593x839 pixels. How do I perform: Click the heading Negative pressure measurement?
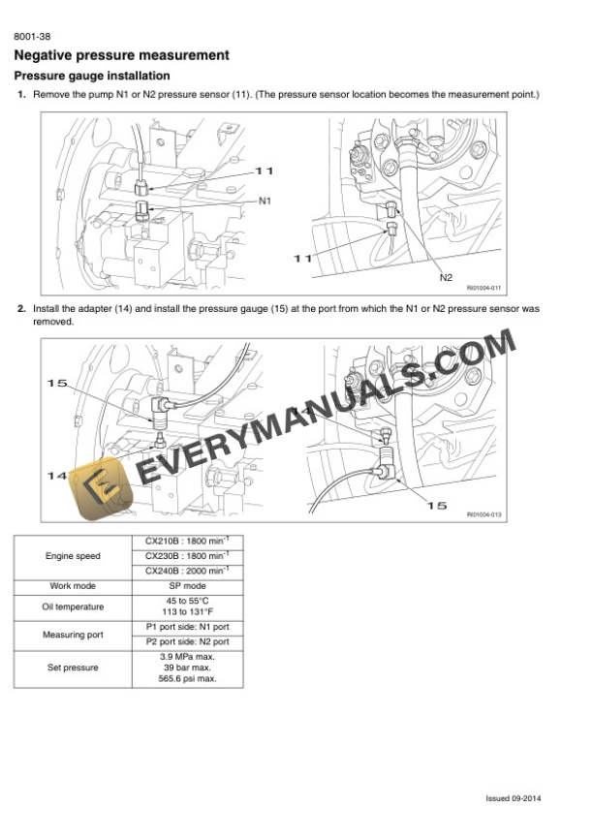[x=122, y=55]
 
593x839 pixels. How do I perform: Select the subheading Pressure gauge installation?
[x=93, y=76]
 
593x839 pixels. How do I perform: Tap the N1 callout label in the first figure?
[x=265, y=200]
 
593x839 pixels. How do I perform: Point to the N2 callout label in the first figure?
[x=446, y=277]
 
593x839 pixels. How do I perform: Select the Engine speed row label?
[x=73, y=556]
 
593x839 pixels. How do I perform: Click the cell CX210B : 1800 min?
[x=187, y=541]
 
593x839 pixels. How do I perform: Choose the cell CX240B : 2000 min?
[x=187, y=572]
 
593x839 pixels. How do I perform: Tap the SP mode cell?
[x=187, y=586]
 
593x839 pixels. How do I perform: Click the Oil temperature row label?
[x=73, y=606]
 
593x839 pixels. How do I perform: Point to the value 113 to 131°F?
[x=187, y=612]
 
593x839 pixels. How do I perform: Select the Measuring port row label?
[x=73, y=635]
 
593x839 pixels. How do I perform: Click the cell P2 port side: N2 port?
[x=187, y=641]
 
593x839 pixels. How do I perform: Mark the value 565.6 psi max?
[x=187, y=679]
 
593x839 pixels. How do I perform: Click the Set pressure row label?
[x=73, y=668]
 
